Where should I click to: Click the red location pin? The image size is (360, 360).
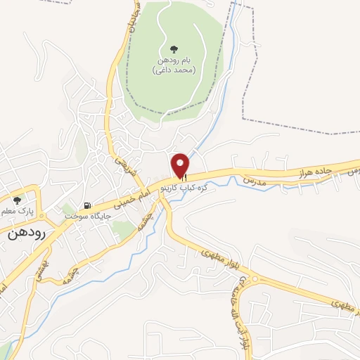181,164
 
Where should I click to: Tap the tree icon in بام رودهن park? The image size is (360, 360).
173,49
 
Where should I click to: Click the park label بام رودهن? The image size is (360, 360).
173,62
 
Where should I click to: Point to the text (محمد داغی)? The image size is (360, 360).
173,71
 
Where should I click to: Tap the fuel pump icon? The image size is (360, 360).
86,206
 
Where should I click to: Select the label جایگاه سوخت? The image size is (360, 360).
84,217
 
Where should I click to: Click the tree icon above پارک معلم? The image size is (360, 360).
17,200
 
